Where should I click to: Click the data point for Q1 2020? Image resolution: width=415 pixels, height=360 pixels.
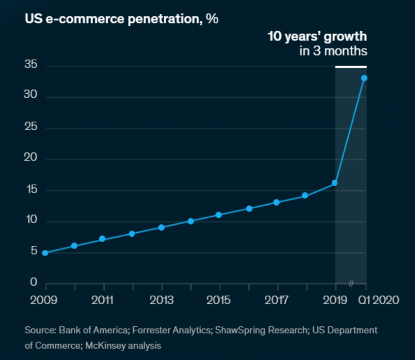[x=364, y=78]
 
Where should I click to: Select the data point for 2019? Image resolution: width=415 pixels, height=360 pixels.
[x=335, y=183]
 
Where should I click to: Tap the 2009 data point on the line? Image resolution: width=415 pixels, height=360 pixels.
[x=45, y=253]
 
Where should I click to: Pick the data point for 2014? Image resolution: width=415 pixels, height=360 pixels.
[x=190, y=221]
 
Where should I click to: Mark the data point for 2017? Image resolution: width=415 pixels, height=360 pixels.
[x=276, y=202]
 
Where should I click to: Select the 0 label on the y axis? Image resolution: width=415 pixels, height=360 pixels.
[x=34, y=283]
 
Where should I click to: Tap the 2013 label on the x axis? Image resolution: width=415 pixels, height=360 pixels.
[x=161, y=300]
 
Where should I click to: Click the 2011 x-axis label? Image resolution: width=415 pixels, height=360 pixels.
[x=103, y=300]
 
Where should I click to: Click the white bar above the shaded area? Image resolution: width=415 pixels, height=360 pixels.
[x=351, y=66]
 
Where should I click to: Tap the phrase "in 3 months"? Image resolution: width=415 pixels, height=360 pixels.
[x=333, y=51]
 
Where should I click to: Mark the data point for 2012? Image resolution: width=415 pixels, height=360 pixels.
[x=132, y=234]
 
